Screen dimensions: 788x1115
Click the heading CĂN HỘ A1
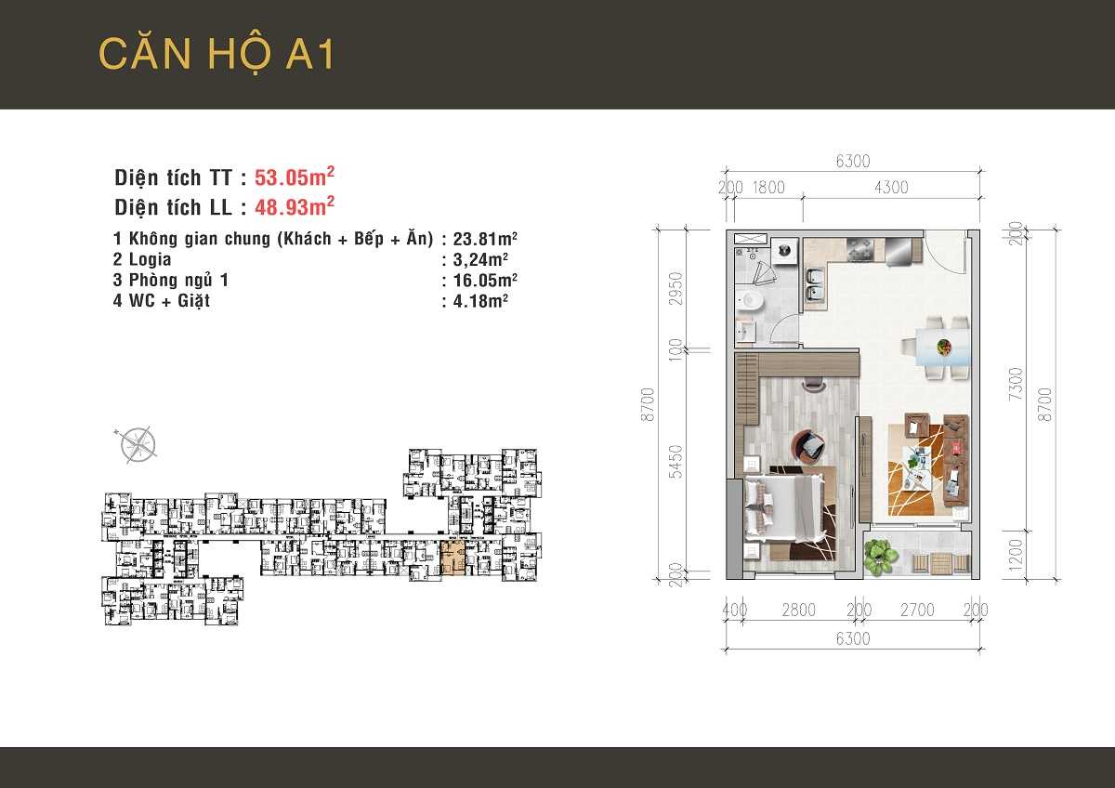[x=216, y=54]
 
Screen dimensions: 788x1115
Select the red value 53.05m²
[x=295, y=177]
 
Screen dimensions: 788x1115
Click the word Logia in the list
[x=150, y=259]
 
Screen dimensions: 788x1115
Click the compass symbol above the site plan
[x=138, y=443]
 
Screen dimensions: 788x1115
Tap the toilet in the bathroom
[x=750, y=299]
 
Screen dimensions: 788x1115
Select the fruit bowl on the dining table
[x=943, y=348]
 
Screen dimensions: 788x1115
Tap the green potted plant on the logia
[x=879, y=557]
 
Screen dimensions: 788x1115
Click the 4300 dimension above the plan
[x=890, y=188]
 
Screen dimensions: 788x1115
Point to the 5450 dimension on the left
[x=676, y=461]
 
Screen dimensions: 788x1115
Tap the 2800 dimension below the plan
[x=798, y=611]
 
